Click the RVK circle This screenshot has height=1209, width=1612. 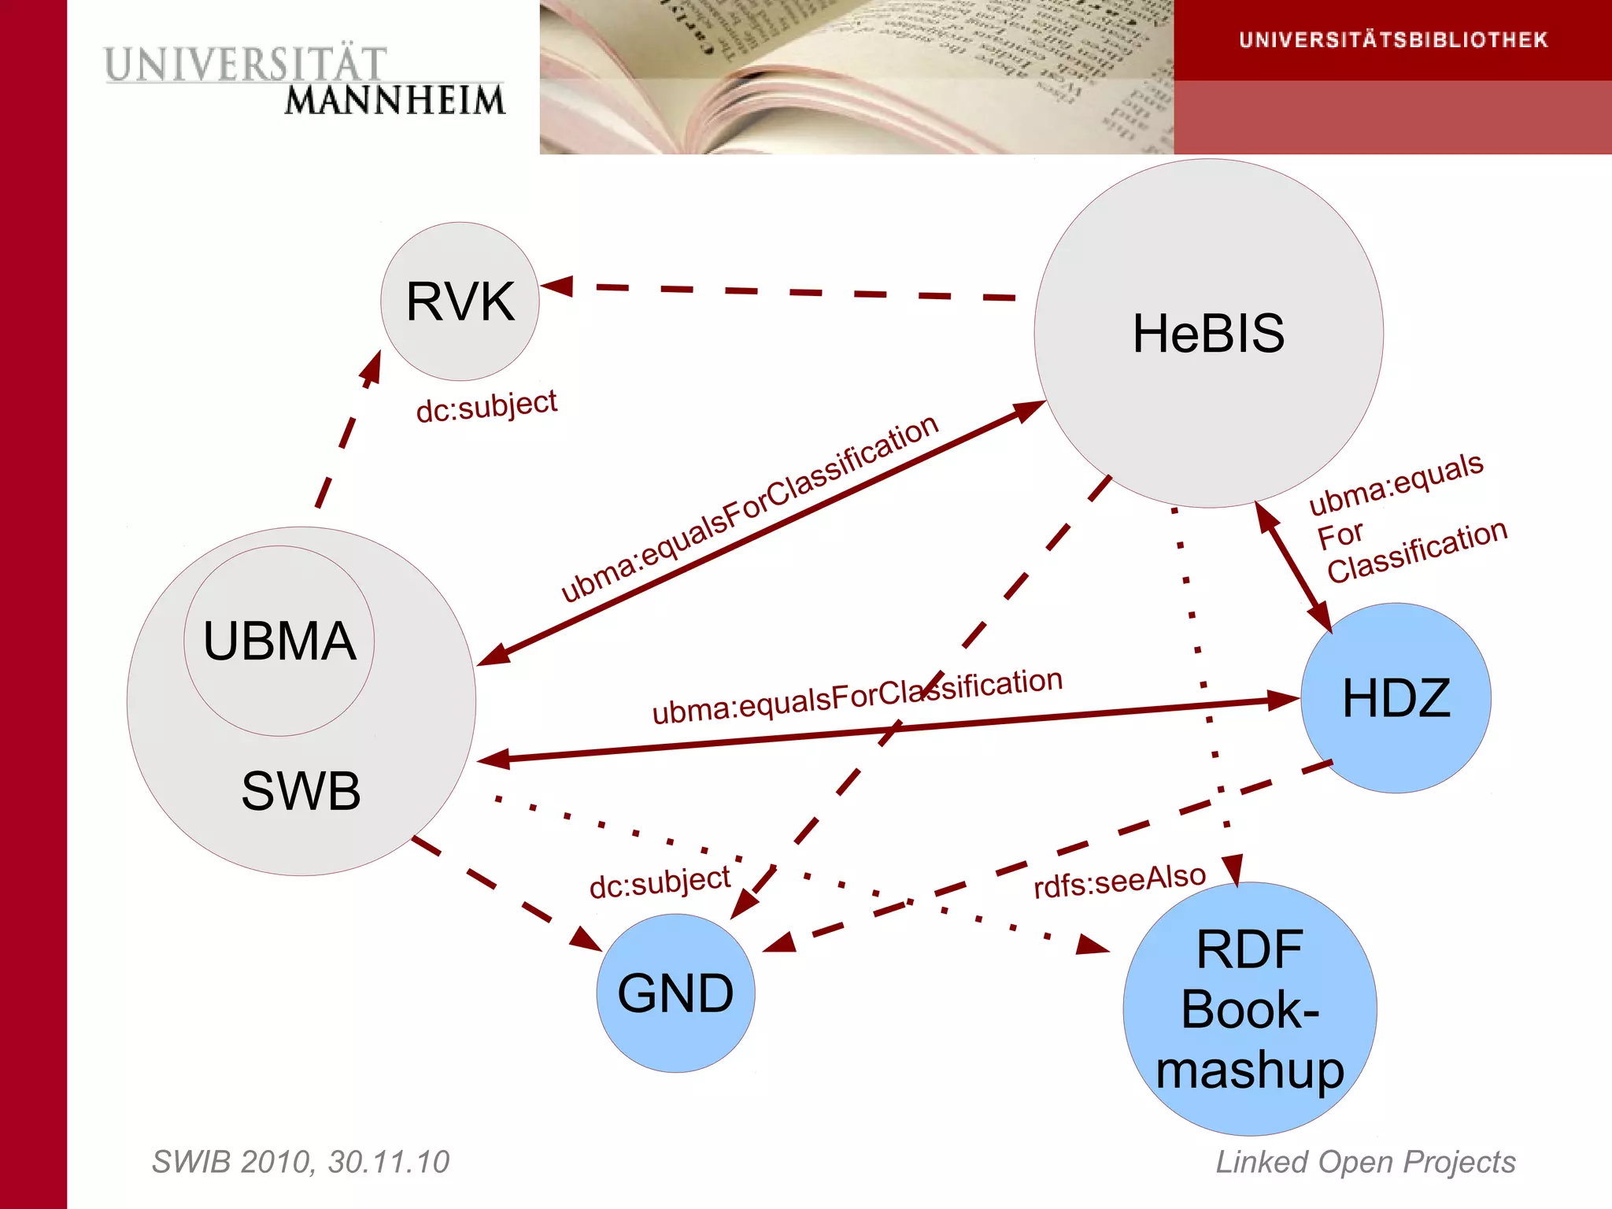(x=460, y=301)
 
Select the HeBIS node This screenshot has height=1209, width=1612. (x=1208, y=333)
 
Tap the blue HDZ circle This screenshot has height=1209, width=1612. (x=1396, y=697)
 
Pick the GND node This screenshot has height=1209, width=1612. (x=675, y=993)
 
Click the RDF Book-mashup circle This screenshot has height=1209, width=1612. (x=1250, y=1009)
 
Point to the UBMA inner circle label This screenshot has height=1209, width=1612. (x=279, y=641)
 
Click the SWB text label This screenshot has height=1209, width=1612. (x=301, y=790)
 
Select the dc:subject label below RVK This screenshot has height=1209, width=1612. (x=486, y=406)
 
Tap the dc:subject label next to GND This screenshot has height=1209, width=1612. (x=660, y=882)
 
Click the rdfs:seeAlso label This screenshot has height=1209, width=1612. (x=1119, y=880)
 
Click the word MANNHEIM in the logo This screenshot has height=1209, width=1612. (x=394, y=101)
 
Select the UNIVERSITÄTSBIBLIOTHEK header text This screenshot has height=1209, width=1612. (x=1393, y=40)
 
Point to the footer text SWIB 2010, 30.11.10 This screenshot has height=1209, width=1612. (x=300, y=1162)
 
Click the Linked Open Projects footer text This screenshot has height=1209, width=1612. (x=1366, y=1162)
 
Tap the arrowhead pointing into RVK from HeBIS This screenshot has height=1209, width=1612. (x=557, y=286)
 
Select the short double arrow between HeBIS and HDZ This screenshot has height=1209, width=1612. (x=1293, y=567)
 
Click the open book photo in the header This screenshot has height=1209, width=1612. (x=856, y=77)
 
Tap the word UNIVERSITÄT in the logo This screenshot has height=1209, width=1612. (x=246, y=65)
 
